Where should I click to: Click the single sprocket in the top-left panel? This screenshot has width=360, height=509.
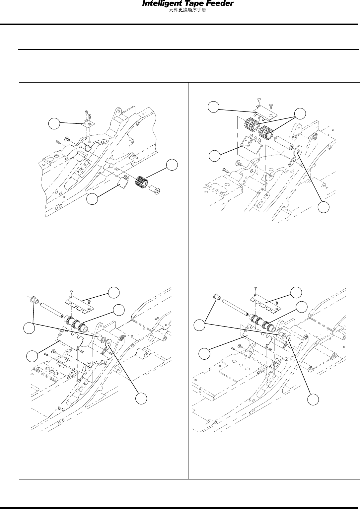pos(142,182)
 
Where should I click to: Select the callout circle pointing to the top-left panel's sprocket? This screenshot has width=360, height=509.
pos(171,165)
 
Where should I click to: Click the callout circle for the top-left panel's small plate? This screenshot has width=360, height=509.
pos(54,124)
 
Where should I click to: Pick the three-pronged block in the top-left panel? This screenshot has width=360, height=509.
pos(122,181)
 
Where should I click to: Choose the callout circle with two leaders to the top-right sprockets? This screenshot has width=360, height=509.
pos(301,113)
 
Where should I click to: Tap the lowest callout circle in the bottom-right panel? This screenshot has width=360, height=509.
pos(312,399)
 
